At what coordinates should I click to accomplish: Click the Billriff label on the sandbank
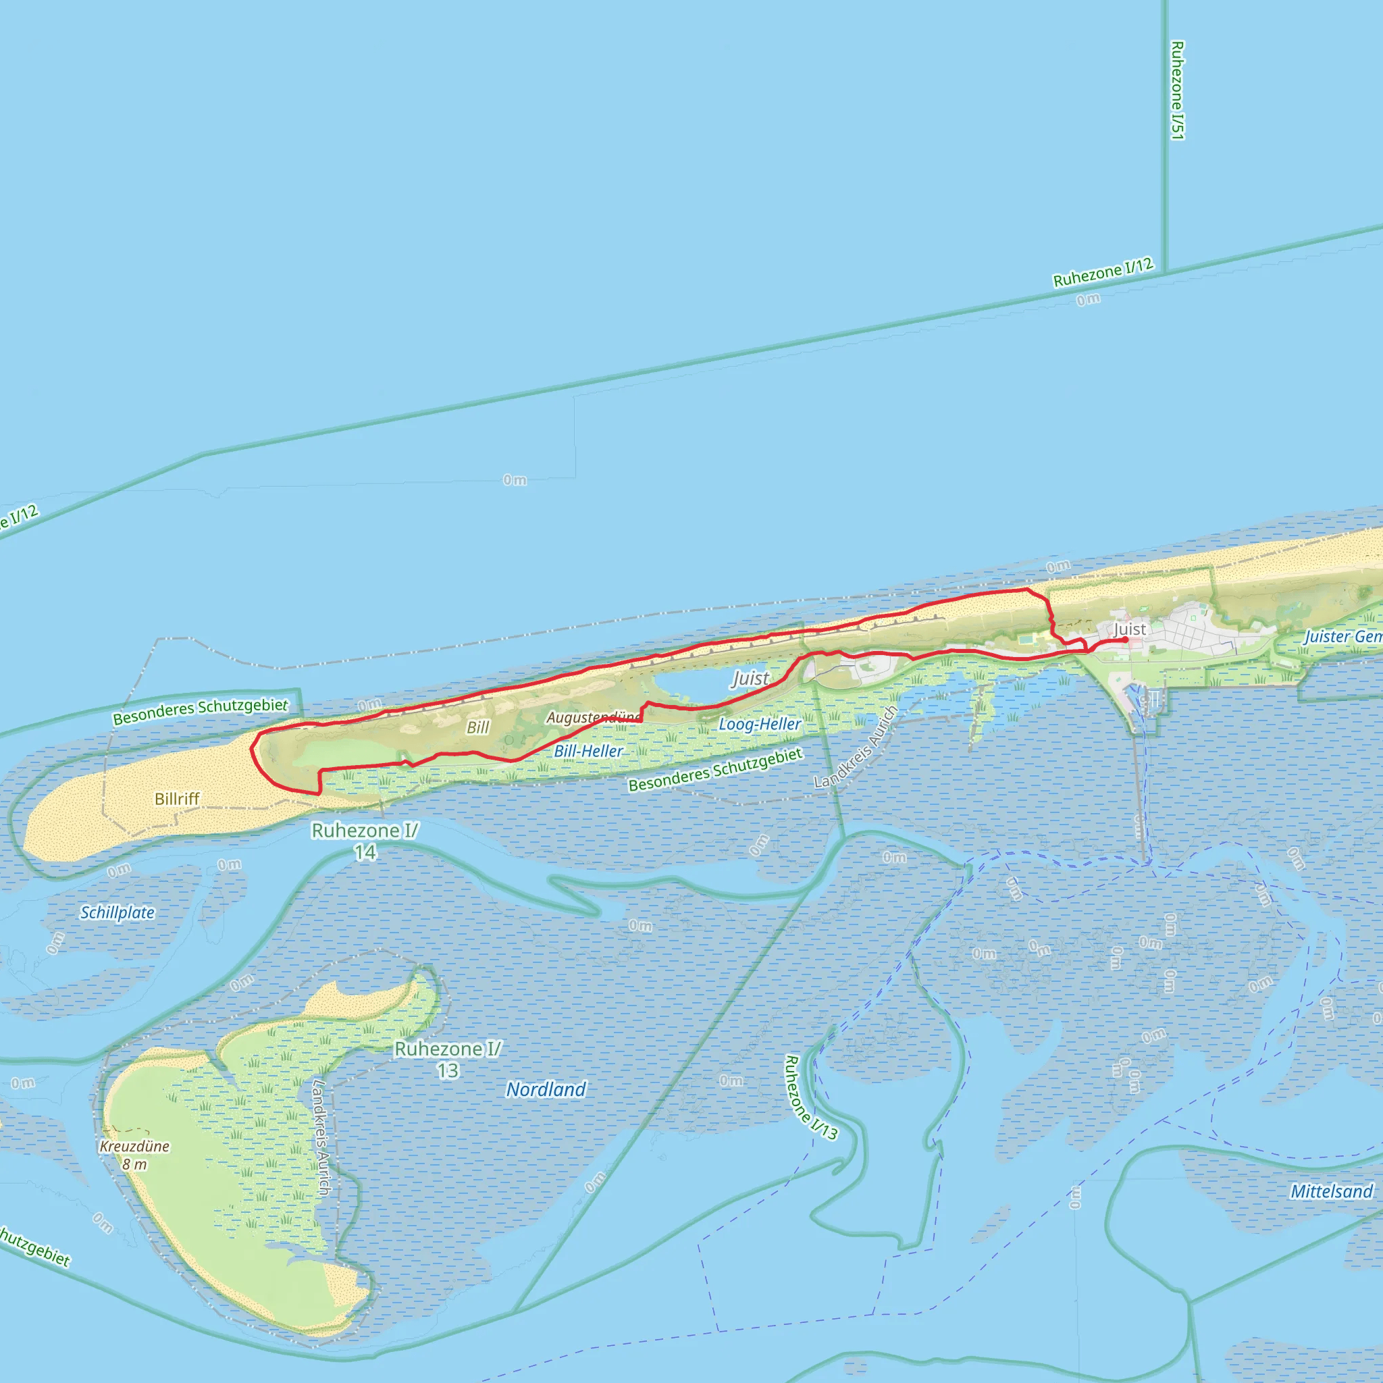click(x=177, y=799)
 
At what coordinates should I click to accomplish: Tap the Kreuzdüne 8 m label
click(x=134, y=1155)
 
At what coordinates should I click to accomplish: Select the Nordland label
click(x=546, y=1089)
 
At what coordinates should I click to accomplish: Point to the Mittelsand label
click(x=1332, y=1191)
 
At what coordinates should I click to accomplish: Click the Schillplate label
click(x=118, y=913)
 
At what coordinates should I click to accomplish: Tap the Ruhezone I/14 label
click(x=365, y=841)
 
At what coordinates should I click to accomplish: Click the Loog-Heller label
click(x=760, y=725)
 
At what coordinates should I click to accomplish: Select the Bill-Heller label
click(x=588, y=752)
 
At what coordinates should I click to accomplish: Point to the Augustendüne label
click(x=594, y=717)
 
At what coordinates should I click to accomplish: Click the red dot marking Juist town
click(x=1125, y=640)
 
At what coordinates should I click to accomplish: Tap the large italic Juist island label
click(x=750, y=679)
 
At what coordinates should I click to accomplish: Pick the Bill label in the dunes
click(x=477, y=728)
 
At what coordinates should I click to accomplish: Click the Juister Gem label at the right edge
click(x=1342, y=636)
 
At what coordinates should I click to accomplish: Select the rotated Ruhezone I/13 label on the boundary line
click(x=811, y=1097)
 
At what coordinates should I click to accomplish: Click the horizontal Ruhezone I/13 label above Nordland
click(x=448, y=1060)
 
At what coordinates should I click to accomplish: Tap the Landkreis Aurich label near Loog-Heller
click(x=856, y=748)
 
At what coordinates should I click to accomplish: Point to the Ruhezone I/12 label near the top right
click(x=1103, y=272)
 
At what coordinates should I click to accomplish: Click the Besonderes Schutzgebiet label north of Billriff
click(x=201, y=711)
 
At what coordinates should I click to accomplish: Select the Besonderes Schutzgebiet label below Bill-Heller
click(x=716, y=770)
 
